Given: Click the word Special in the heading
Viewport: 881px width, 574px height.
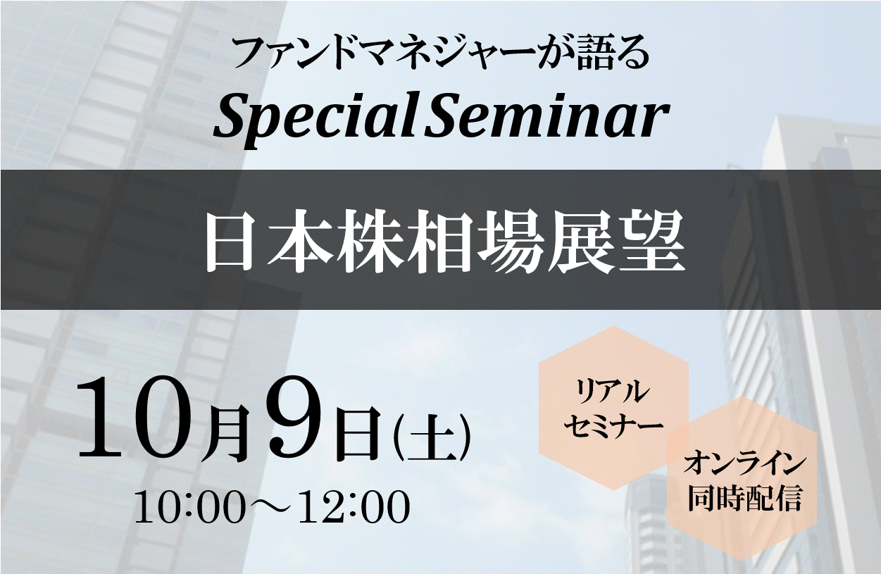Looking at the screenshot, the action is pyautogui.click(x=315, y=120).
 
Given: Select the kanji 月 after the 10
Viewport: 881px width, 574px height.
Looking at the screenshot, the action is pyautogui.click(x=230, y=433).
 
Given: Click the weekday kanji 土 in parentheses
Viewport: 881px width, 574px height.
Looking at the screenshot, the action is pyautogui.click(x=432, y=437).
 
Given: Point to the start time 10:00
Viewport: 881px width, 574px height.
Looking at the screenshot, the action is pyautogui.click(x=188, y=508).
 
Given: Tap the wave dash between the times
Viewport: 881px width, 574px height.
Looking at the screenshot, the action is pyautogui.click(x=270, y=509).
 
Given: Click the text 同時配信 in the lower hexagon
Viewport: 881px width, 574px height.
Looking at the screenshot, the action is pyautogui.click(x=745, y=498).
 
